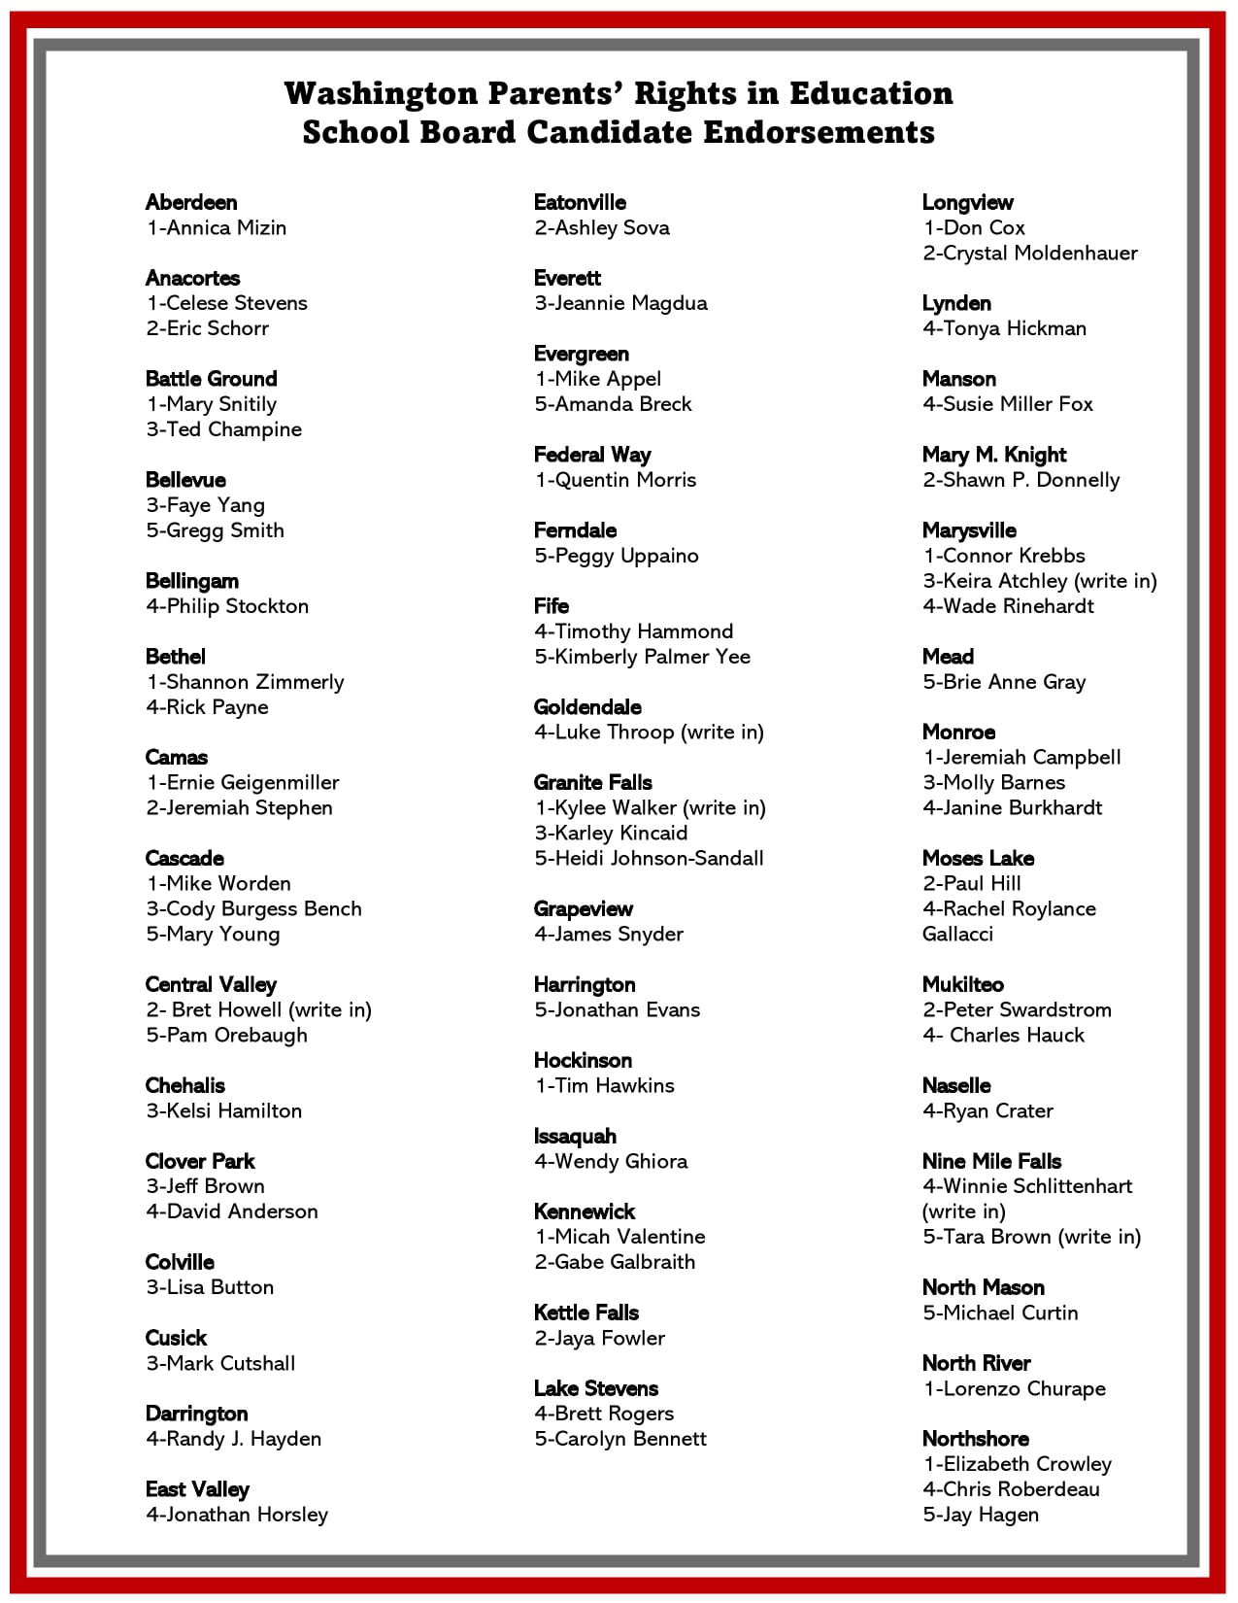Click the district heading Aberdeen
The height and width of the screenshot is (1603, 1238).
[191, 202]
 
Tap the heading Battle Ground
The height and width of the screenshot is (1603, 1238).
[211, 379]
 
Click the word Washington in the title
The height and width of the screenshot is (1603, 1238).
[381, 93]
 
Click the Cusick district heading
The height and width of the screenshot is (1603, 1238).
[176, 1338]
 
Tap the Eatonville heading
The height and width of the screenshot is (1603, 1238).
[580, 202]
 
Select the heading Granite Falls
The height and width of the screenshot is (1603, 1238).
[592, 783]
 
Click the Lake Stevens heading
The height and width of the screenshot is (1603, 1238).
[595, 1388]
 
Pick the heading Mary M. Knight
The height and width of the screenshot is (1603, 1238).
[994, 455]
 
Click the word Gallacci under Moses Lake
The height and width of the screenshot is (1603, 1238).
[957, 934]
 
